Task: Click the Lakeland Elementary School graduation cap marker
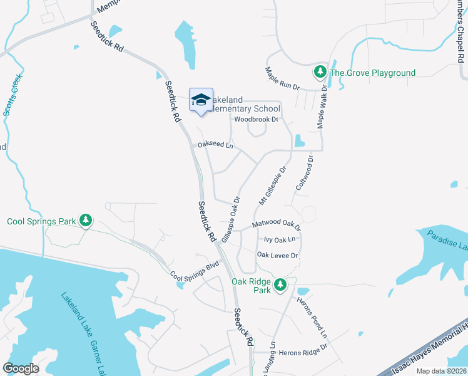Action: (201, 100)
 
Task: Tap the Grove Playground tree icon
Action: (320, 73)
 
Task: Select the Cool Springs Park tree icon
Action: (86, 221)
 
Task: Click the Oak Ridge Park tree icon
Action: (281, 286)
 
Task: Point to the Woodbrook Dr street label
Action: (256, 119)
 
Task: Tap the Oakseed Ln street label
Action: (215, 145)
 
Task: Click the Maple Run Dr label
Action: (283, 78)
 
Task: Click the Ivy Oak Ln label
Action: (279, 239)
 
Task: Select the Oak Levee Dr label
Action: (278, 255)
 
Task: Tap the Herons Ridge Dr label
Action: (299, 353)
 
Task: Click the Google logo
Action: (21, 368)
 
